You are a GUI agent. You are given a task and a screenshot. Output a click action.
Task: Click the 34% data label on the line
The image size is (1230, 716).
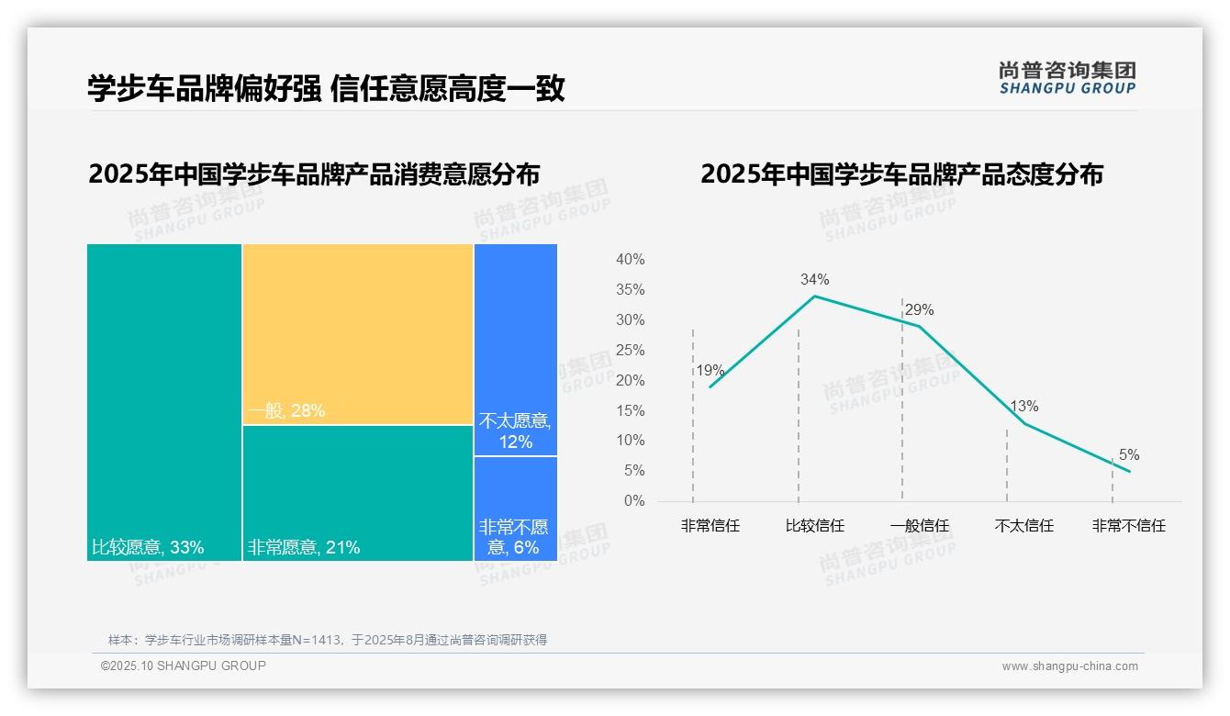814,279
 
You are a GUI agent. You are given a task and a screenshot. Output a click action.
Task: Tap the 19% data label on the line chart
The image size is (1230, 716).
710,371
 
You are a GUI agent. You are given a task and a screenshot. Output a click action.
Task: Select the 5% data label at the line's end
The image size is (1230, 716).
1128,455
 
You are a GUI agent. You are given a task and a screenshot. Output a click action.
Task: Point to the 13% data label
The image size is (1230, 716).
1024,407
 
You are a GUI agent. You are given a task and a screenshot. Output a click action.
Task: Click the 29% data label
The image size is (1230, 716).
919,310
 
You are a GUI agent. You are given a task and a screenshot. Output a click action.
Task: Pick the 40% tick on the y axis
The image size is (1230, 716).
630,260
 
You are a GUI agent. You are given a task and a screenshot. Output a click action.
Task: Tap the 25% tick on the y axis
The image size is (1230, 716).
630,351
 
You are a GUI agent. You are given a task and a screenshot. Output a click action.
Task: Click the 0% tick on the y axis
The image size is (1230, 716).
634,501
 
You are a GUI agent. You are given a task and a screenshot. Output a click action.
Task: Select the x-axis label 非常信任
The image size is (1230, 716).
710,526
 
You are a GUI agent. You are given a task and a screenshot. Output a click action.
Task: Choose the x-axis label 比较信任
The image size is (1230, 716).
814,526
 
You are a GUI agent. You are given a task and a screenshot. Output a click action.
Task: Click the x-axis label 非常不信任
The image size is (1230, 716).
1128,526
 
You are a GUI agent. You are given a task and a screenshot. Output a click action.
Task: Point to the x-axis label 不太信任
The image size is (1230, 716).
1023,526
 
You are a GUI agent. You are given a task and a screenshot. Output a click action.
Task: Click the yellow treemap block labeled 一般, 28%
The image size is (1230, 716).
358,334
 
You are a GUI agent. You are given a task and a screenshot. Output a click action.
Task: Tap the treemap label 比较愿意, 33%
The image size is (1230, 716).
148,548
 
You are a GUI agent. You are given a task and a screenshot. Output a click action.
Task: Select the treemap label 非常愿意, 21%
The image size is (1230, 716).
304,548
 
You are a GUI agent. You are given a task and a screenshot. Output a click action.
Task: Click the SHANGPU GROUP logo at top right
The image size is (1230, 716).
1067,78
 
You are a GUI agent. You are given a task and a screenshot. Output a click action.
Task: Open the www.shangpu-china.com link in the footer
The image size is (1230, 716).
1069,666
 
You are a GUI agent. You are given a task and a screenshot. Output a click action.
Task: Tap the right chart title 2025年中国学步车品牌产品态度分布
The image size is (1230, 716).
901,174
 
